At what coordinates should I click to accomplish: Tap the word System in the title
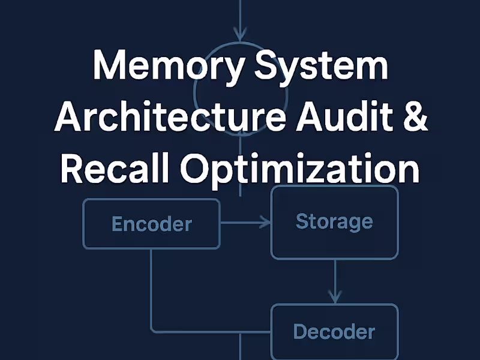[321, 67]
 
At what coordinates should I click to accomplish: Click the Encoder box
[151, 224]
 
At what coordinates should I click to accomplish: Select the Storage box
[334, 222]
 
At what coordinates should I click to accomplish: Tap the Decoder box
[334, 331]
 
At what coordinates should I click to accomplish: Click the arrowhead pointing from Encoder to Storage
[266, 223]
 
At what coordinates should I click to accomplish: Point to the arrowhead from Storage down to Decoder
[335, 297]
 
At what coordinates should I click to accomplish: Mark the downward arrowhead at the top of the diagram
[241, 34]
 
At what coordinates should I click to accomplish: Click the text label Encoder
[151, 224]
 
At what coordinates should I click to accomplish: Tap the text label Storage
[334, 221]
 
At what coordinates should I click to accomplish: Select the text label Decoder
[334, 331]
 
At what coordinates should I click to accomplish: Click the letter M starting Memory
[109, 67]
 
